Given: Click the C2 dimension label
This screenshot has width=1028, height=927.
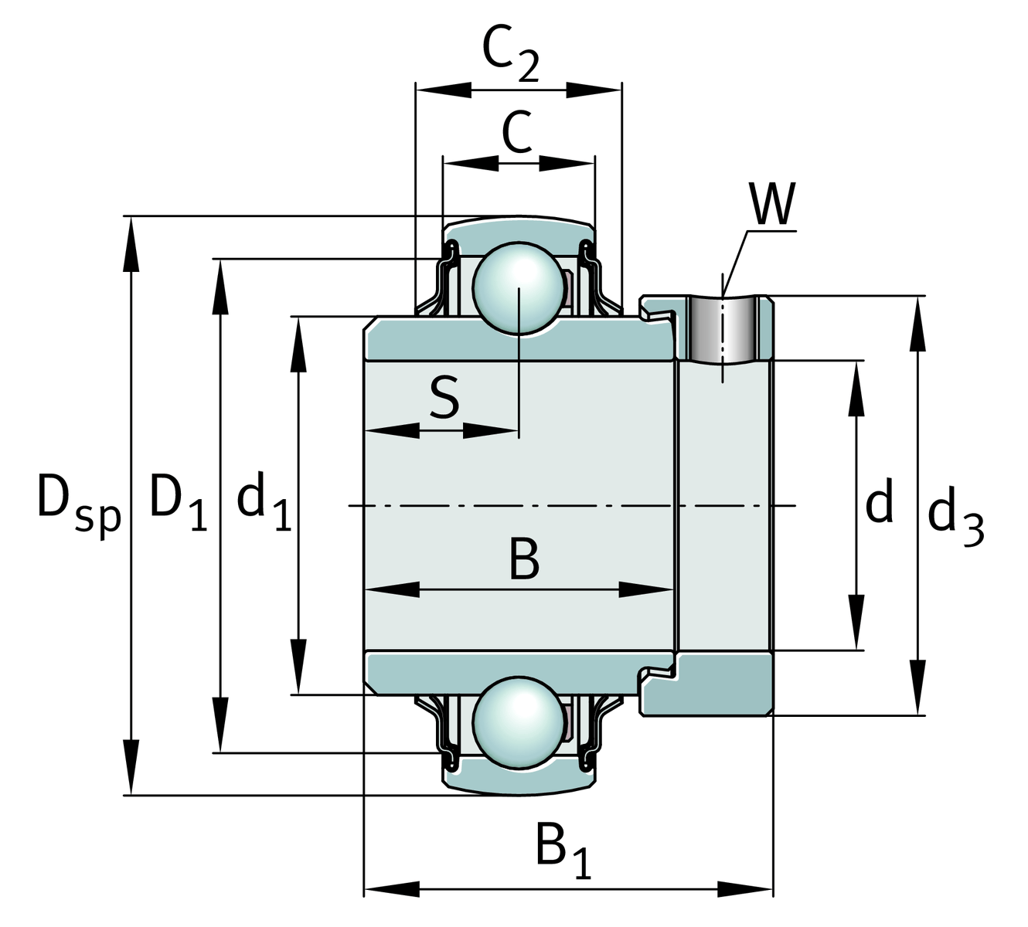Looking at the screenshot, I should (x=509, y=54).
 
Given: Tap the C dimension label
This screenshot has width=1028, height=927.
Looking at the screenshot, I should (x=517, y=132).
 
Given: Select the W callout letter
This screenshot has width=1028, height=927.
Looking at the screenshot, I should (x=772, y=205).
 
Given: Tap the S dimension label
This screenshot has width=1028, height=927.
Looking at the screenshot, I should (x=444, y=398).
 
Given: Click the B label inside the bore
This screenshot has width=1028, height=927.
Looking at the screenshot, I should (x=524, y=560).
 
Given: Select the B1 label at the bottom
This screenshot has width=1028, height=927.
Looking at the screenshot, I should (x=563, y=850).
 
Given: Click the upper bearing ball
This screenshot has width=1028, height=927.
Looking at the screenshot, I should (x=518, y=288).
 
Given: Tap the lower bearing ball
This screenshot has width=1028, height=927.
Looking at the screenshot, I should (x=518, y=723).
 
